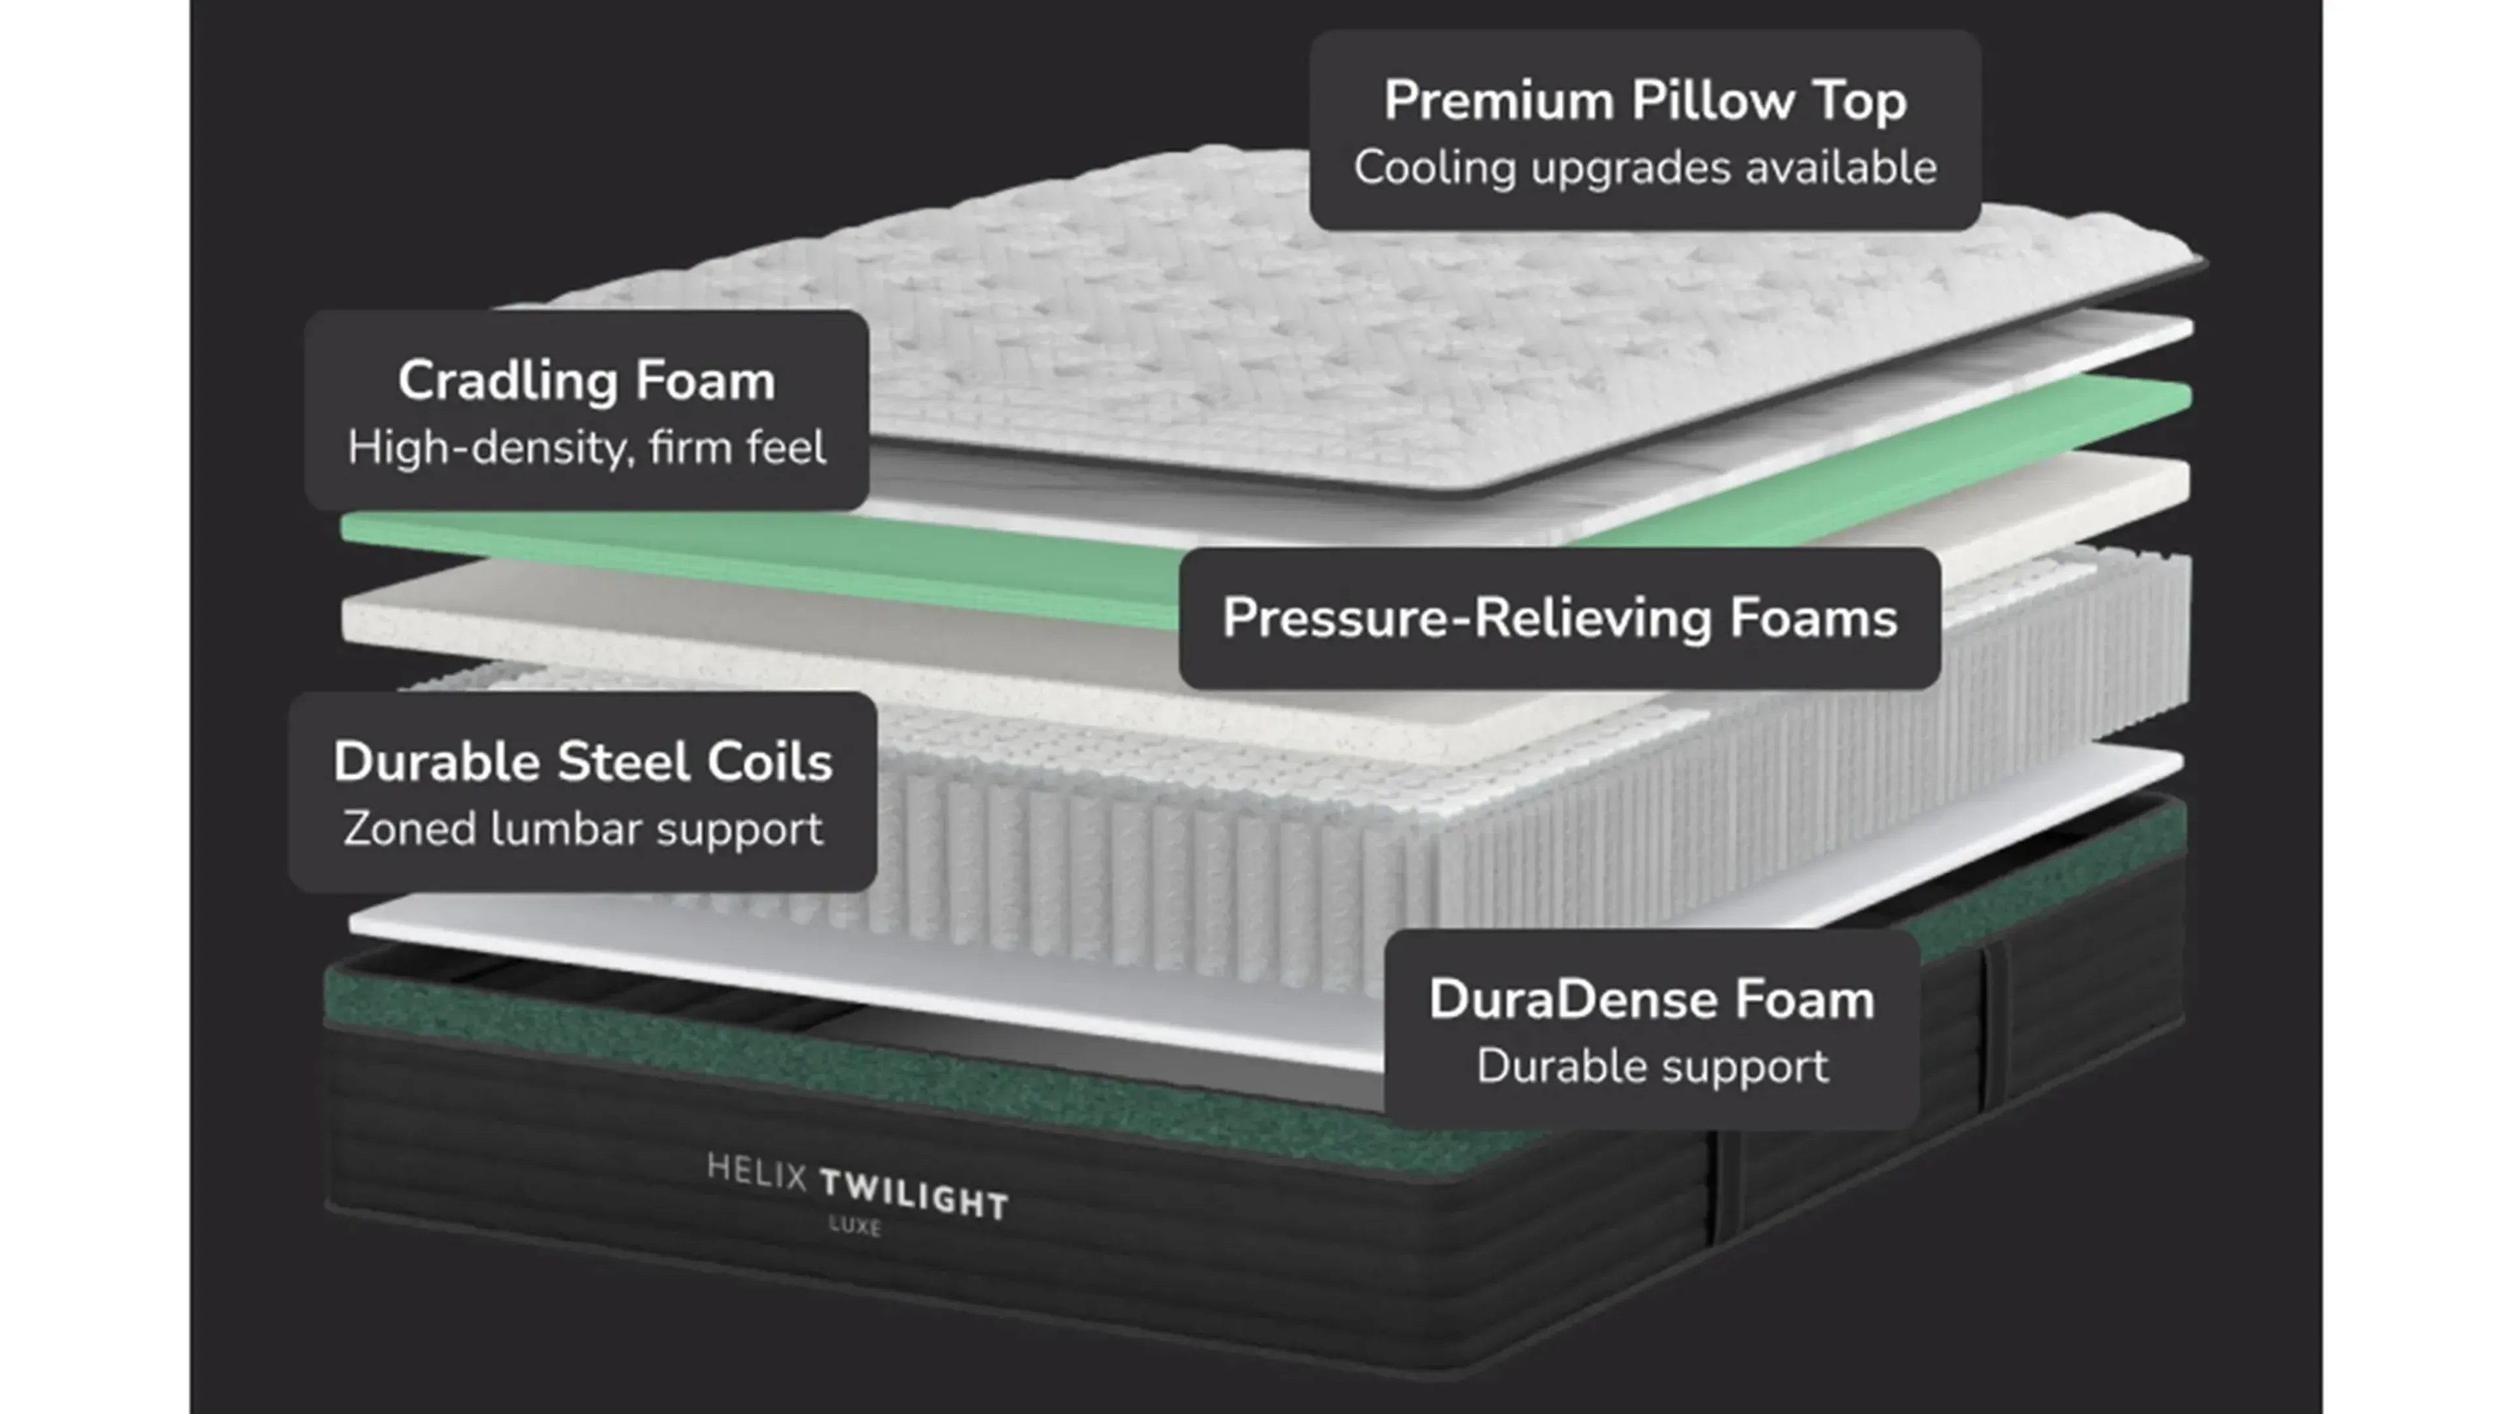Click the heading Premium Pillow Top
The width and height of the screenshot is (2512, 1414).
pos(1645,101)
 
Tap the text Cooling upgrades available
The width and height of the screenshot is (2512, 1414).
pos(1645,168)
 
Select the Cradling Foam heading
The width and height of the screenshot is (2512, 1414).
pos(586,380)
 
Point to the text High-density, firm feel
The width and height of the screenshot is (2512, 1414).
pos(586,448)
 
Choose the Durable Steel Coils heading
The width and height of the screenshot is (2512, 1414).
pos(582,762)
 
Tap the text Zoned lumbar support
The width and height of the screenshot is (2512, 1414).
pos(582,829)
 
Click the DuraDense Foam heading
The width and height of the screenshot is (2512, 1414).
pos(1652,1000)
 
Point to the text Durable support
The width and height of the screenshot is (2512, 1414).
pos(1652,1066)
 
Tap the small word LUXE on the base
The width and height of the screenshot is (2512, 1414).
pos(855,1225)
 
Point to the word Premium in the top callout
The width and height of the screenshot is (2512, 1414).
pos(1499,101)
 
